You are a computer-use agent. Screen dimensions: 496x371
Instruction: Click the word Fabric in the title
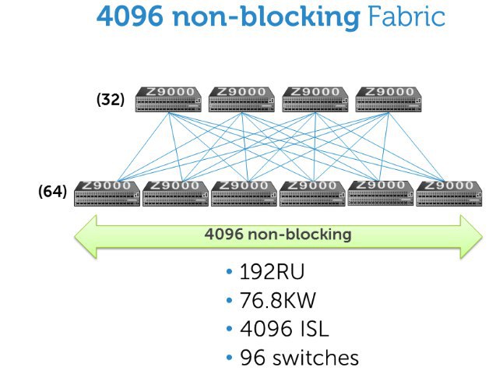click(x=406, y=16)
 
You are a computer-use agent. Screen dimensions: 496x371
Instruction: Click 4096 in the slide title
click(x=130, y=16)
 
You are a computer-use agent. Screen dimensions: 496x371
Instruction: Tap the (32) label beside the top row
click(x=111, y=100)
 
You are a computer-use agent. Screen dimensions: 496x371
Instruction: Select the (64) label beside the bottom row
click(x=52, y=191)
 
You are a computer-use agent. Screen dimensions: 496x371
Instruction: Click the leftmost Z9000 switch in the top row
click(x=168, y=100)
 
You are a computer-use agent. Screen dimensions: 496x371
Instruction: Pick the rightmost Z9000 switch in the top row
click(x=389, y=100)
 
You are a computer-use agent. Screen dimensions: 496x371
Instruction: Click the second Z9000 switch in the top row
click(x=241, y=100)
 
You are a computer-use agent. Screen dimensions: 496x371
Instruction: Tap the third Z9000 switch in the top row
click(x=315, y=100)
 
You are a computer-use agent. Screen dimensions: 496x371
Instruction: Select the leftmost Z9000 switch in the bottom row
click(x=107, y=194)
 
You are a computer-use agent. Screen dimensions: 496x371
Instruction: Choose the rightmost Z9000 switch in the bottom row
click(x=449, y=194)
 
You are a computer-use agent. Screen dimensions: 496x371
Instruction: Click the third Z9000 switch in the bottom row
click(x=244, y=194)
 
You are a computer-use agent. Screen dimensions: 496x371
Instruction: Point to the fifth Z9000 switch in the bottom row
click(x=381, y=193)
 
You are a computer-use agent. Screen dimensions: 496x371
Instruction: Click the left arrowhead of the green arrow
click(x=86, y=236)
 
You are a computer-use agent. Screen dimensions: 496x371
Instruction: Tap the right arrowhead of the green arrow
click(x=471, y=236)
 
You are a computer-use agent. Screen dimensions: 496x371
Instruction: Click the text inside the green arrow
click(x=278, y=235)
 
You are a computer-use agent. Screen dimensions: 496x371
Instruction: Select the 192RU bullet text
click(x=272, y=271)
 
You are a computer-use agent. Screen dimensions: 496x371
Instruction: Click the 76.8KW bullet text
click(x=278, y=300)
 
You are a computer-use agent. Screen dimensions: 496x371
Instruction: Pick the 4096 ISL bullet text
click(x=284, y=329)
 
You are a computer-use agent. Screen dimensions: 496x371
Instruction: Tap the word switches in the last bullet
click(x=315, y=358)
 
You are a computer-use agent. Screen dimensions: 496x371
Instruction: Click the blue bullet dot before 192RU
click(x=230, y=271)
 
